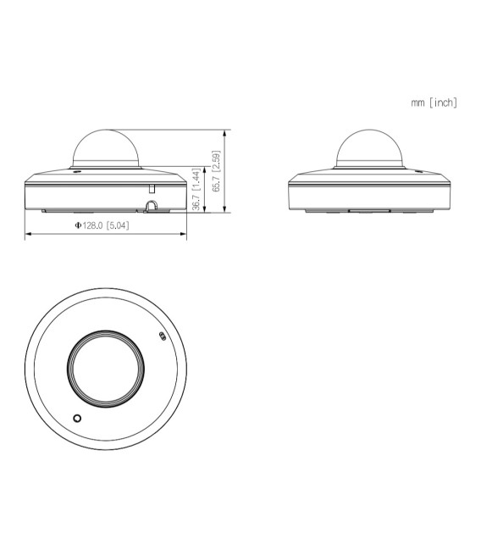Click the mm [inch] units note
coord(434,103)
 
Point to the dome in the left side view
coord(105,147)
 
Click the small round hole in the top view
coord(77,419)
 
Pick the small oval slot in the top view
coord(163,336)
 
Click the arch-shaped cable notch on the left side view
coord(152,206)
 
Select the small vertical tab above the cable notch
coord(152,187)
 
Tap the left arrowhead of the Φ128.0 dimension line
coord(28,235)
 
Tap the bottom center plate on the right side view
coord(368,208)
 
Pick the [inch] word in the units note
coord(443,103)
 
